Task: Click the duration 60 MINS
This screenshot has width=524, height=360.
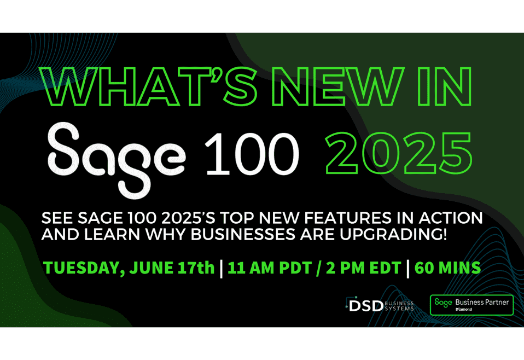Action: (447, 268)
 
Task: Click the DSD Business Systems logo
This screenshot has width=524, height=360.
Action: (379, 305)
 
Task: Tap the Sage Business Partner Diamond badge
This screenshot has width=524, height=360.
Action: (471, 305)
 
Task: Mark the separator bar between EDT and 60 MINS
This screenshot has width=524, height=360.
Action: (408, 268)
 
